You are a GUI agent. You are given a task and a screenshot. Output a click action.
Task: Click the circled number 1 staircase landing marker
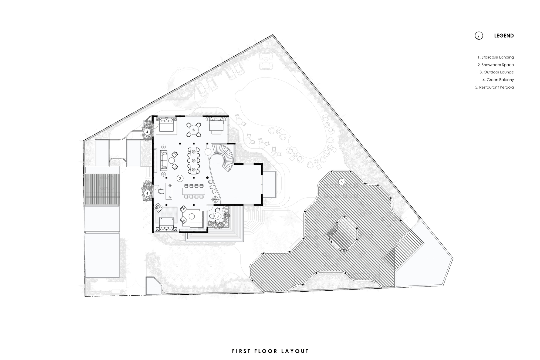click(x=208, y=152)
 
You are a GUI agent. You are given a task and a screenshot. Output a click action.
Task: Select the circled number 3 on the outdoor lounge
click(x=218, y=216)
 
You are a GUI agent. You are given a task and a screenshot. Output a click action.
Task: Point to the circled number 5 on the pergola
click(x=342, y=182)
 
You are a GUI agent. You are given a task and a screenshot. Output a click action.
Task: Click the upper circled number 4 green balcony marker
click(x=147, y=132)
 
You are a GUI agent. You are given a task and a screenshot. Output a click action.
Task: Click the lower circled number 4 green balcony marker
click(x=147, y=193)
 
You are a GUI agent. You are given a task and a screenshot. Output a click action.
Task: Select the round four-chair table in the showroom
click(x=194, y=130)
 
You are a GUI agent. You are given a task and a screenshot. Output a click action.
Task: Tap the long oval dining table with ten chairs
click(x=194, y=160)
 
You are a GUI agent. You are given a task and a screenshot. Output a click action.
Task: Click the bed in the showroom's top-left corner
click(x=166, y=125)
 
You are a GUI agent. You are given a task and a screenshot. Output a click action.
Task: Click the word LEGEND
click(x=504, y=36)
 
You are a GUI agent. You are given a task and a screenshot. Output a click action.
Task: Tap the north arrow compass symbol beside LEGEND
click(x=479, y=36)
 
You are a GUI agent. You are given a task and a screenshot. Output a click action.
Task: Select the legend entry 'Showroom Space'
click(x=495, y=65)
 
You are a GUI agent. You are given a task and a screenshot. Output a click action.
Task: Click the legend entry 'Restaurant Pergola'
click(x=494, y=87)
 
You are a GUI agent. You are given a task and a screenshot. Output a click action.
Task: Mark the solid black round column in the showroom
click(x=207, y=177)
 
